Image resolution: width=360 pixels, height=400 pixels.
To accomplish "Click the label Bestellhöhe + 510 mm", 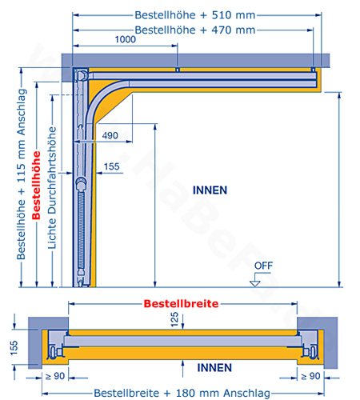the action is pyautogui.click(x=195, y=15).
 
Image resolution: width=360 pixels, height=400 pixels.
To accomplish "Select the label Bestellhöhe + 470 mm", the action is pyautogui.click(x=195, y=30).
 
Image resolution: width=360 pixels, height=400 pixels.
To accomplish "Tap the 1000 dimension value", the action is pyautogui.click(x=125, y=39).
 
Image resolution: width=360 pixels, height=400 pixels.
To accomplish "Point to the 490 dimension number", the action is pyautogui.click(x=110, y=135).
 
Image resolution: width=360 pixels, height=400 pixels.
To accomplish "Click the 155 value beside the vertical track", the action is pyautogui.click(x=111, y=166).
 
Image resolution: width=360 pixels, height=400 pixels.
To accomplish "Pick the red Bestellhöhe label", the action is pyautogui.click(x=36, y=186).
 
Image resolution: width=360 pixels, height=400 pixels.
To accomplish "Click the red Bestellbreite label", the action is pyautogui.click(x=181, y=304).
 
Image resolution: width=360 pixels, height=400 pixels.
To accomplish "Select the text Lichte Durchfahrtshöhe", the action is pyautogui.click(x=52, y=188).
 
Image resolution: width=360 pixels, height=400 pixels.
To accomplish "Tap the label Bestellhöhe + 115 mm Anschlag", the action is pyautogui.click(x=22, y=174).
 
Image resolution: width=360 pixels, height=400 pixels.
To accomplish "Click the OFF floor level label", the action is pyautogui.click(x=263, y=266).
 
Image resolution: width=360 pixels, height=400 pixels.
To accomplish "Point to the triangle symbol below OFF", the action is pyautogui.click(x=255, y=284).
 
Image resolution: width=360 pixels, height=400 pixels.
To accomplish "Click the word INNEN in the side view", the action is pyautogui.click(x=210, y=190).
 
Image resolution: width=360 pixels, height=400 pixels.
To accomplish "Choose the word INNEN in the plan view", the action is pyautogui.click(x=214, y=368).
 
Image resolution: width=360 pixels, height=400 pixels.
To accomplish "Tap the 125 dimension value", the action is pyautogui.click(x=174, y=319).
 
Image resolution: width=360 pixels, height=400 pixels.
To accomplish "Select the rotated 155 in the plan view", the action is pyautogui.click(x=14, y=347).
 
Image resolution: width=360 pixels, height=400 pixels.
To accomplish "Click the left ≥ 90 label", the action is pyautogui.click(x=55, y=376).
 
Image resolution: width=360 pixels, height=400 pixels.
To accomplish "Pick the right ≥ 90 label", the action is pyautogui.click(x=310, y=376).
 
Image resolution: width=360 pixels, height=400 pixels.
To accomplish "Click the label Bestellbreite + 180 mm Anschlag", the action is pyautogui.click(x=182, y=393).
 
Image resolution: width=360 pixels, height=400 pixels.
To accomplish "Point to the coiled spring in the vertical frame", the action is pyautogui.click(x=81, y=230).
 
